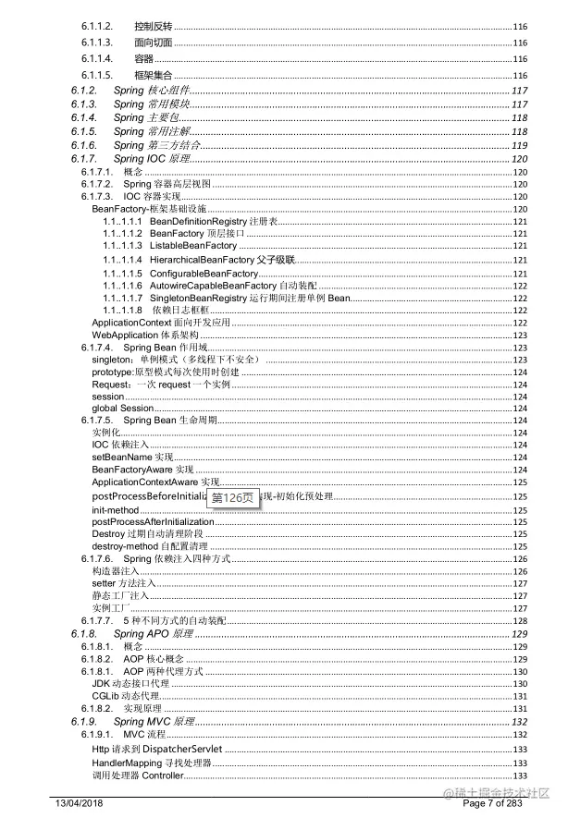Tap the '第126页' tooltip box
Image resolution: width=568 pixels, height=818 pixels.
[231, 497]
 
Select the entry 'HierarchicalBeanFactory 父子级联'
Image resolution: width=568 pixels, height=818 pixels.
[220, 261]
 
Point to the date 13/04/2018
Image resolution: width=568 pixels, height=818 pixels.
[80, 801]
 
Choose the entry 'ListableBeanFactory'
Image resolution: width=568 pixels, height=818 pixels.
[192, 247]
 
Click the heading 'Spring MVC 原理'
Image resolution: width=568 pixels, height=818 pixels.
[153, 721]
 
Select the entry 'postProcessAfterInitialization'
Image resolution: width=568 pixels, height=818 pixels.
[153, 522]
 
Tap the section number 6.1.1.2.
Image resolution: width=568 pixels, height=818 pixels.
[97, 25]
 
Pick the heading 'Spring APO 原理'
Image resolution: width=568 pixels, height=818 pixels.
[153, 634]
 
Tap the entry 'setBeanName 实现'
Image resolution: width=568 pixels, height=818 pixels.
[132, 458]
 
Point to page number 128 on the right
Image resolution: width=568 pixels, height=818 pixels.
[520, 621]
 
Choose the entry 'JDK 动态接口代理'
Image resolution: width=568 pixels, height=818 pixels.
[130, 683]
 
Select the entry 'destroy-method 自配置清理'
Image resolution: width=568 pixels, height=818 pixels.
[149, 547]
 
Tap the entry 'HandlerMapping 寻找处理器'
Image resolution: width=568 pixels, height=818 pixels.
[152, 763]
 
